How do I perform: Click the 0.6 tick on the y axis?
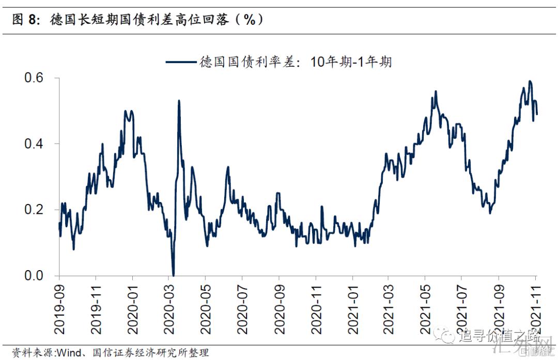(35, 78)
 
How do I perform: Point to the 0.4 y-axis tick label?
(35, 144)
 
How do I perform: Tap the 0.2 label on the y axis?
(35, 210)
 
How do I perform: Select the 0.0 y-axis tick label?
(35, 276)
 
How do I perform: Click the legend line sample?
(181, 62)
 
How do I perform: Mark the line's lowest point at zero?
(173, 275)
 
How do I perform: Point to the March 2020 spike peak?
(179, 101)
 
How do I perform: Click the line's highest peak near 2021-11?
(530, 82)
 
